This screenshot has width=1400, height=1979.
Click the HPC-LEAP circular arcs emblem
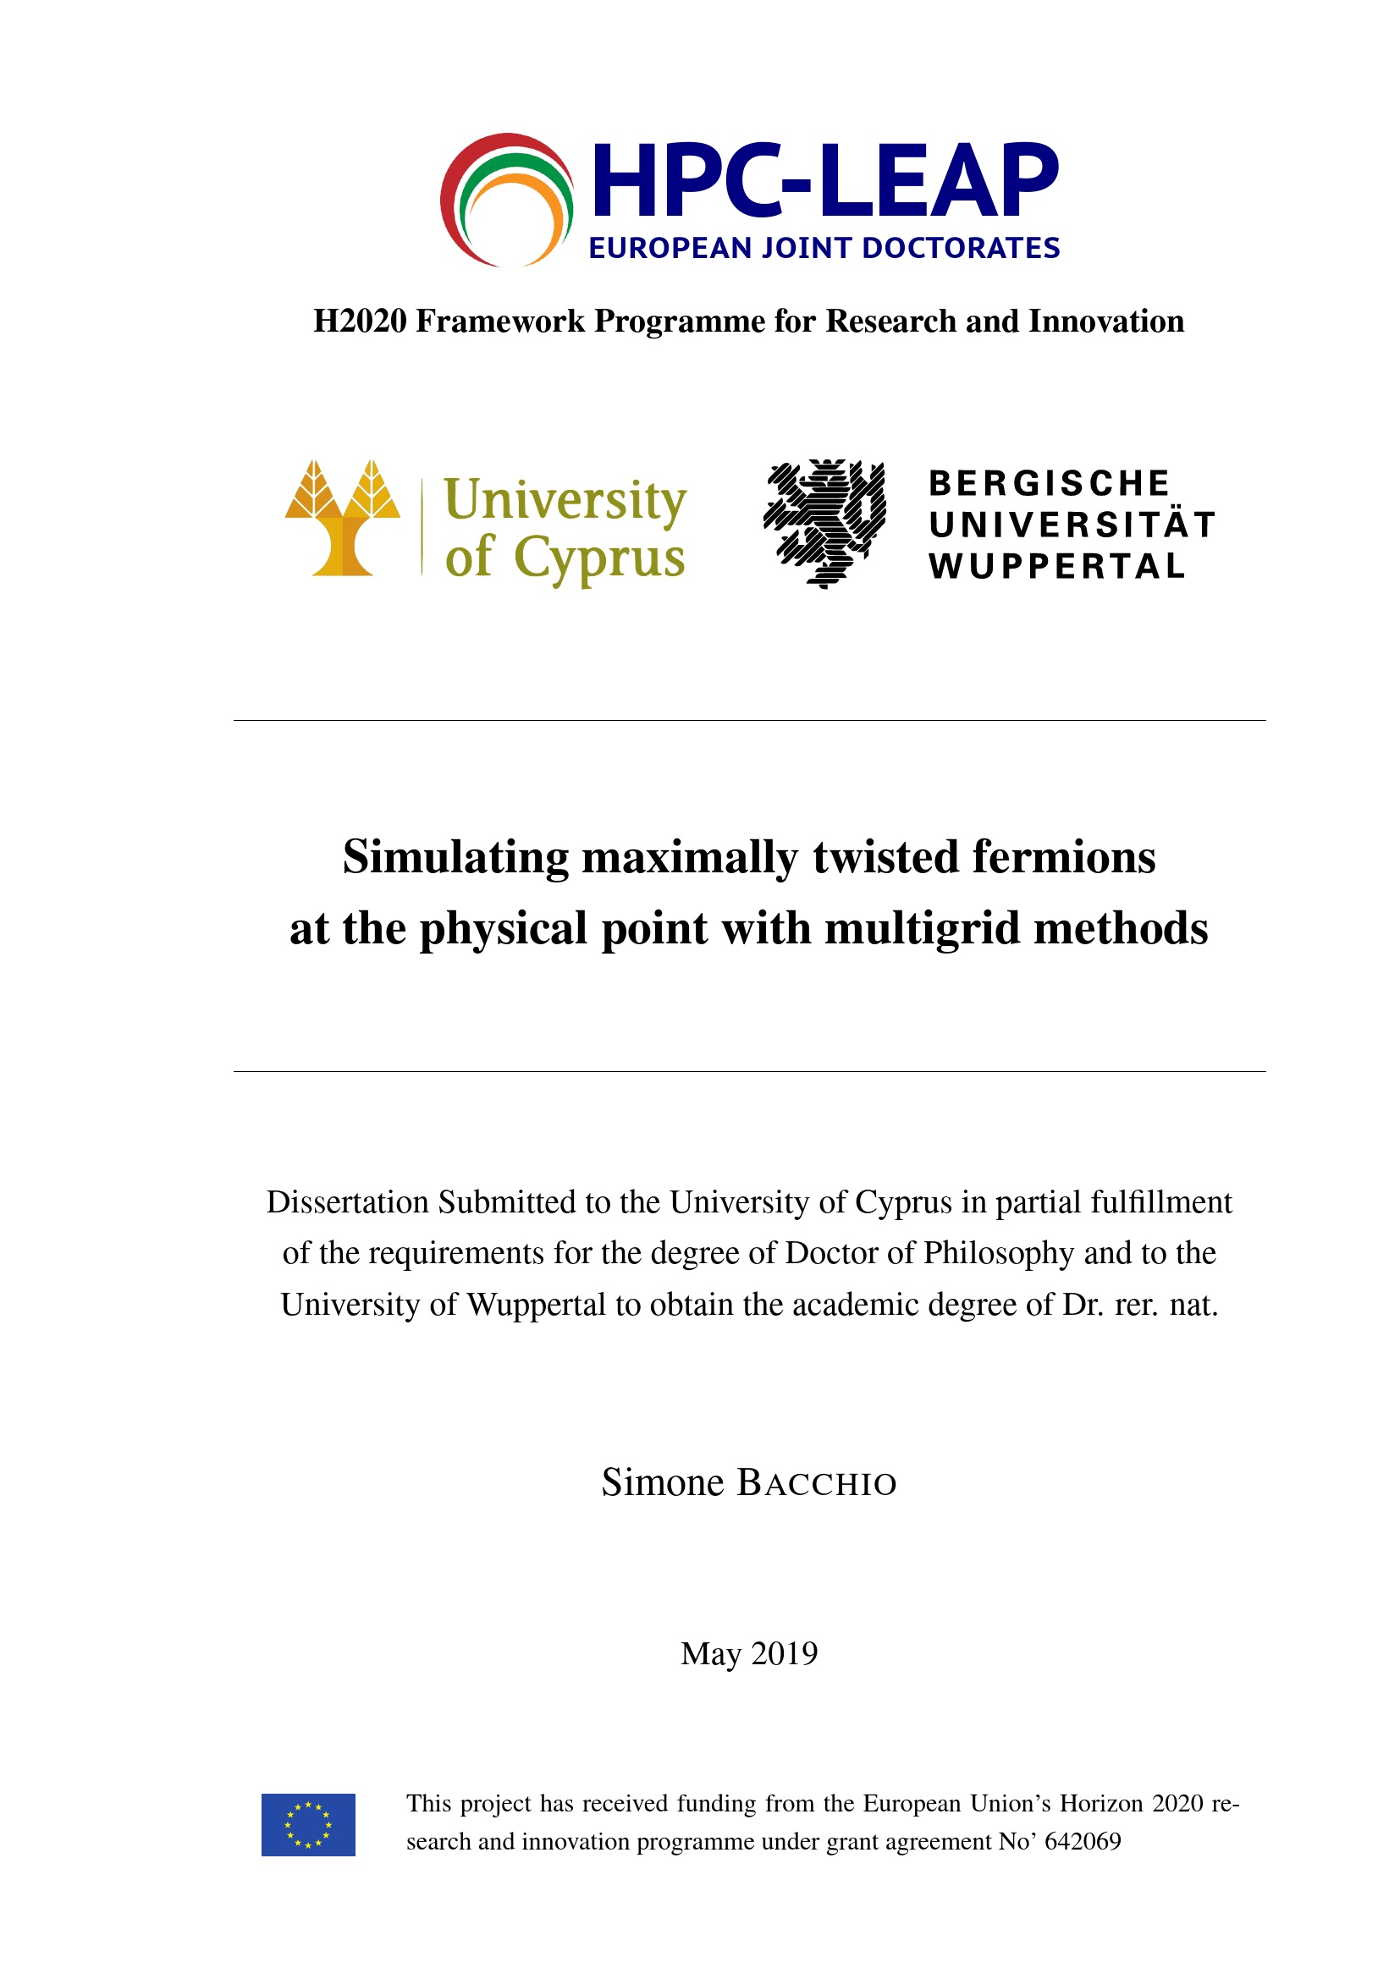point(507,200)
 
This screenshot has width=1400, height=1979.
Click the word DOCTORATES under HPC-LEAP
point(961,248)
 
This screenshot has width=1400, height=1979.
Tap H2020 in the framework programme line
point(360,322)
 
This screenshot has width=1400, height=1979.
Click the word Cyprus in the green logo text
point(599,558)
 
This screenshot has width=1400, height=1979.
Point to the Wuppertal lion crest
point(824,522)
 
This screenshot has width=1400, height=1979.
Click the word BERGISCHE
point(1048,484)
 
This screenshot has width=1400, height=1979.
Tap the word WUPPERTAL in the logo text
point(1057,566)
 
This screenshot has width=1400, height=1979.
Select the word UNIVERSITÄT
point(1072,525)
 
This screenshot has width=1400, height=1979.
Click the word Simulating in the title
point(455,858)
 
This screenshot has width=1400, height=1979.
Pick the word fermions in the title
point(1064,858)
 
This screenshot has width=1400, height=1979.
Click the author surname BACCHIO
point(816,1482)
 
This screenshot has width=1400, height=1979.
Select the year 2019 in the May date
point(784,1653)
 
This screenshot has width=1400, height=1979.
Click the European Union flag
point(308,1825)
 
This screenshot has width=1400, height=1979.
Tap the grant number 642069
point(1082,1841)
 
